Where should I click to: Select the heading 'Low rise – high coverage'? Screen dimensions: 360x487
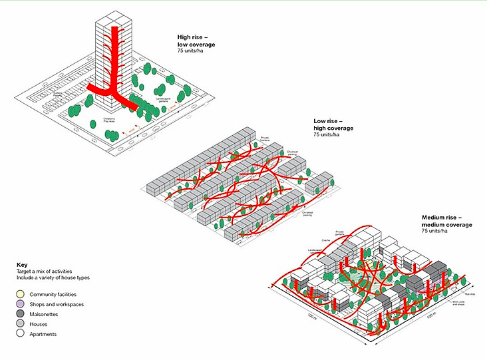(x=333, y=124)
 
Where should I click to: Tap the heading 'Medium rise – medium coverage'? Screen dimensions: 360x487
(x=446, y=222)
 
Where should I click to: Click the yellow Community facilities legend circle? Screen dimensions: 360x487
(x=22, y=294)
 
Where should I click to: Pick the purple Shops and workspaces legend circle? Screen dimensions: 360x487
(x=22, y=304)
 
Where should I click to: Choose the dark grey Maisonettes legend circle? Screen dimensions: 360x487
(x=22, y=314)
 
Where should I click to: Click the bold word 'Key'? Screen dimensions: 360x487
(x=22, y=265)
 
